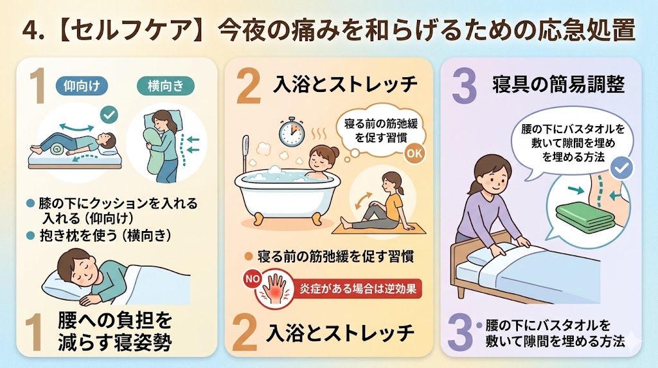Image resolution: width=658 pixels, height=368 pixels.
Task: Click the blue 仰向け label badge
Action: (82, 86)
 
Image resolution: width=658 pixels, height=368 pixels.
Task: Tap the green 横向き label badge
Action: (166, 86)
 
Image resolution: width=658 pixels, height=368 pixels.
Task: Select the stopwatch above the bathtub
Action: (292, 132)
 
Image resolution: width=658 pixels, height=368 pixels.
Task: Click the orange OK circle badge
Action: (414, 153)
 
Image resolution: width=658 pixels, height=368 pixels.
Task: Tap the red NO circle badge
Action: (253, 279)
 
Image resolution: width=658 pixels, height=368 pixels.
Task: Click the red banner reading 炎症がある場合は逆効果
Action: (357, 289)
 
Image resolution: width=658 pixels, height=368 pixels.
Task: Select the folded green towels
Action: (585, 217)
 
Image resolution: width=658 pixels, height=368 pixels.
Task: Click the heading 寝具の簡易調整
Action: (558, 85)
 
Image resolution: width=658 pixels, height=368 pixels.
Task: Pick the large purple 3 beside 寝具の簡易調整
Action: (464, 87)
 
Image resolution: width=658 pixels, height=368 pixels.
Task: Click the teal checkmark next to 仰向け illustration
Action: (109, 115)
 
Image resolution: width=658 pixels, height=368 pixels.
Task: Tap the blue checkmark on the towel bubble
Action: (621, 168)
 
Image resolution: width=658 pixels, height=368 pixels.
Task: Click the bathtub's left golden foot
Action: (257, 219)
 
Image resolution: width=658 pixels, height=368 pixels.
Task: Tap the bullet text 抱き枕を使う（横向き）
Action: (105, 235)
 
